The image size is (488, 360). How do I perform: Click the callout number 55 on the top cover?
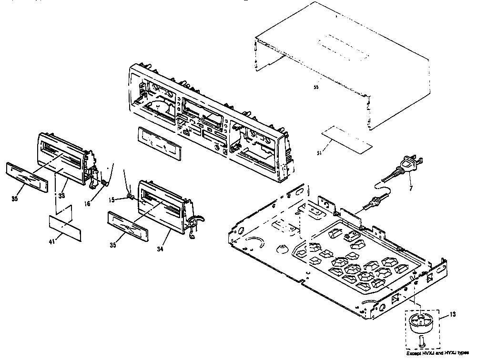click(x=315, y=88)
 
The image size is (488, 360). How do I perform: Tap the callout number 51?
click(x=319, y=152)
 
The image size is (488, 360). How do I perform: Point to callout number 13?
click(x=452, y=315)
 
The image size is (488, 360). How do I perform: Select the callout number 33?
click(x=61, y=195)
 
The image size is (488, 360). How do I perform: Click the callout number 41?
click(x=52, y=241)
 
